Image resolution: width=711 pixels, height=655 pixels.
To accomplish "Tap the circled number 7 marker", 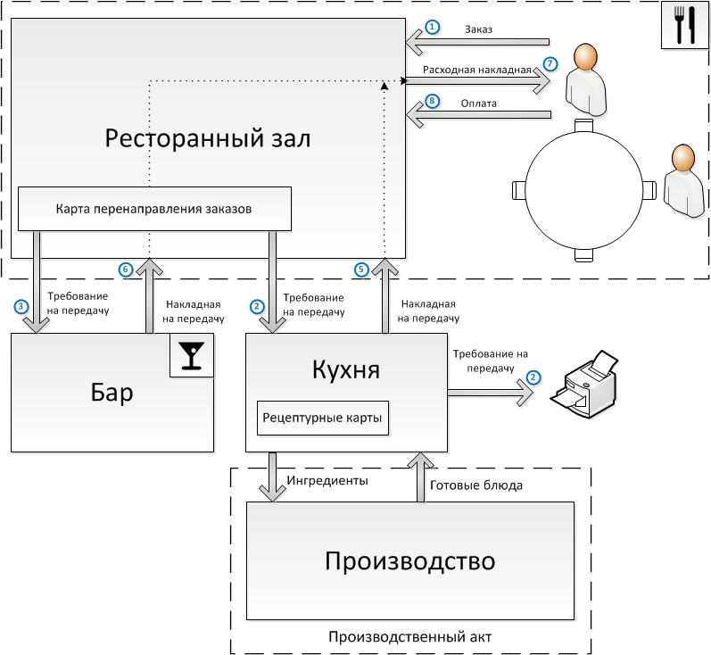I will click(x=550, y=64).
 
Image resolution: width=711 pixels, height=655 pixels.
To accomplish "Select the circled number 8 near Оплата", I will click(x=433, y=102).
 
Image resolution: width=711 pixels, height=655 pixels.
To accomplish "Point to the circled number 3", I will click(x=21, y=306).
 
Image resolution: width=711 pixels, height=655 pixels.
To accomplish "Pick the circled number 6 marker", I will click(x=126, y=269).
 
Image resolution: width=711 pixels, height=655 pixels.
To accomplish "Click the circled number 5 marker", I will click(x=361, y=269).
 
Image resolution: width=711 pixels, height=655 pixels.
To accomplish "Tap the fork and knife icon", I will click(x=684, y=26).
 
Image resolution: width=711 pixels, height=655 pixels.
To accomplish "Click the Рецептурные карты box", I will click(x=323, y=418).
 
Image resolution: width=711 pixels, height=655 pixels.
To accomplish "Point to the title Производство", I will click(x=409, y=561).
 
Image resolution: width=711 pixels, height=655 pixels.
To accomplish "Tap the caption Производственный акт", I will click(x=410, y=636).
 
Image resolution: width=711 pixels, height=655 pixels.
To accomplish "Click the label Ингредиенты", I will click(x=327, y=480).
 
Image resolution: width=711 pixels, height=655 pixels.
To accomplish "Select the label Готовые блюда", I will click(x=476, y=486).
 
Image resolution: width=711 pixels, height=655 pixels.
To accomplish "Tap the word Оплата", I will click(x=479, y=103).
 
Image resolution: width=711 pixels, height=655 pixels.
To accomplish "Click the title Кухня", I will click(x=347, y=369).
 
